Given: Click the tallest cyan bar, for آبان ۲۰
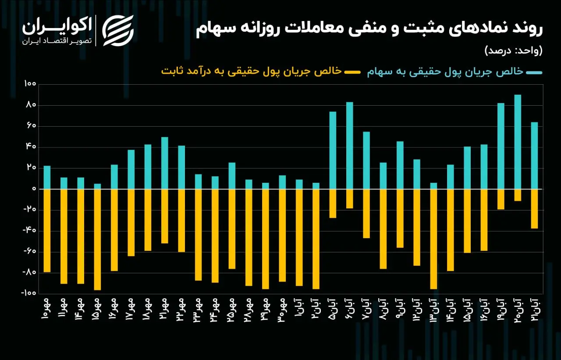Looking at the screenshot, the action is (x=518, y=142).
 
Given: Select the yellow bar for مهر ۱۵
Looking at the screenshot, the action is (x=97, y=239).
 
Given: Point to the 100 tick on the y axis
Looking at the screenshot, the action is (x=30, y=84).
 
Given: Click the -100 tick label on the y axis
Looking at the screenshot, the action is (x=29, y=293).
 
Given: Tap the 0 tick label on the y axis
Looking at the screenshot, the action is (x=34, y=189).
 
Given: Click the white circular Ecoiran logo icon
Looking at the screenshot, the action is (x=118, y=31).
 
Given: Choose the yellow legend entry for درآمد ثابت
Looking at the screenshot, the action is (x=261, y=71).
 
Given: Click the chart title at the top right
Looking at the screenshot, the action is (x=369, y=29).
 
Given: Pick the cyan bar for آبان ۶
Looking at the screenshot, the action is (x=350, y=146).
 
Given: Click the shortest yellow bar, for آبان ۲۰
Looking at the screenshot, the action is (x=518, y=195).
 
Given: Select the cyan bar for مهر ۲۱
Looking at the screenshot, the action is (x=164, y=163).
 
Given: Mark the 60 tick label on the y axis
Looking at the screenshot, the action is (x=31, y=126).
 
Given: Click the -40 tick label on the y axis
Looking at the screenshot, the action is (x=29, y=230).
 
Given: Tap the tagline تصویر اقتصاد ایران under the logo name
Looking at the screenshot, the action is (x=57, y=41).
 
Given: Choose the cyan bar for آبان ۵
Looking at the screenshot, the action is (x=333, y=150).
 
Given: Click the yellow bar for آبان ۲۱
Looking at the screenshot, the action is (x=534, y=209).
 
